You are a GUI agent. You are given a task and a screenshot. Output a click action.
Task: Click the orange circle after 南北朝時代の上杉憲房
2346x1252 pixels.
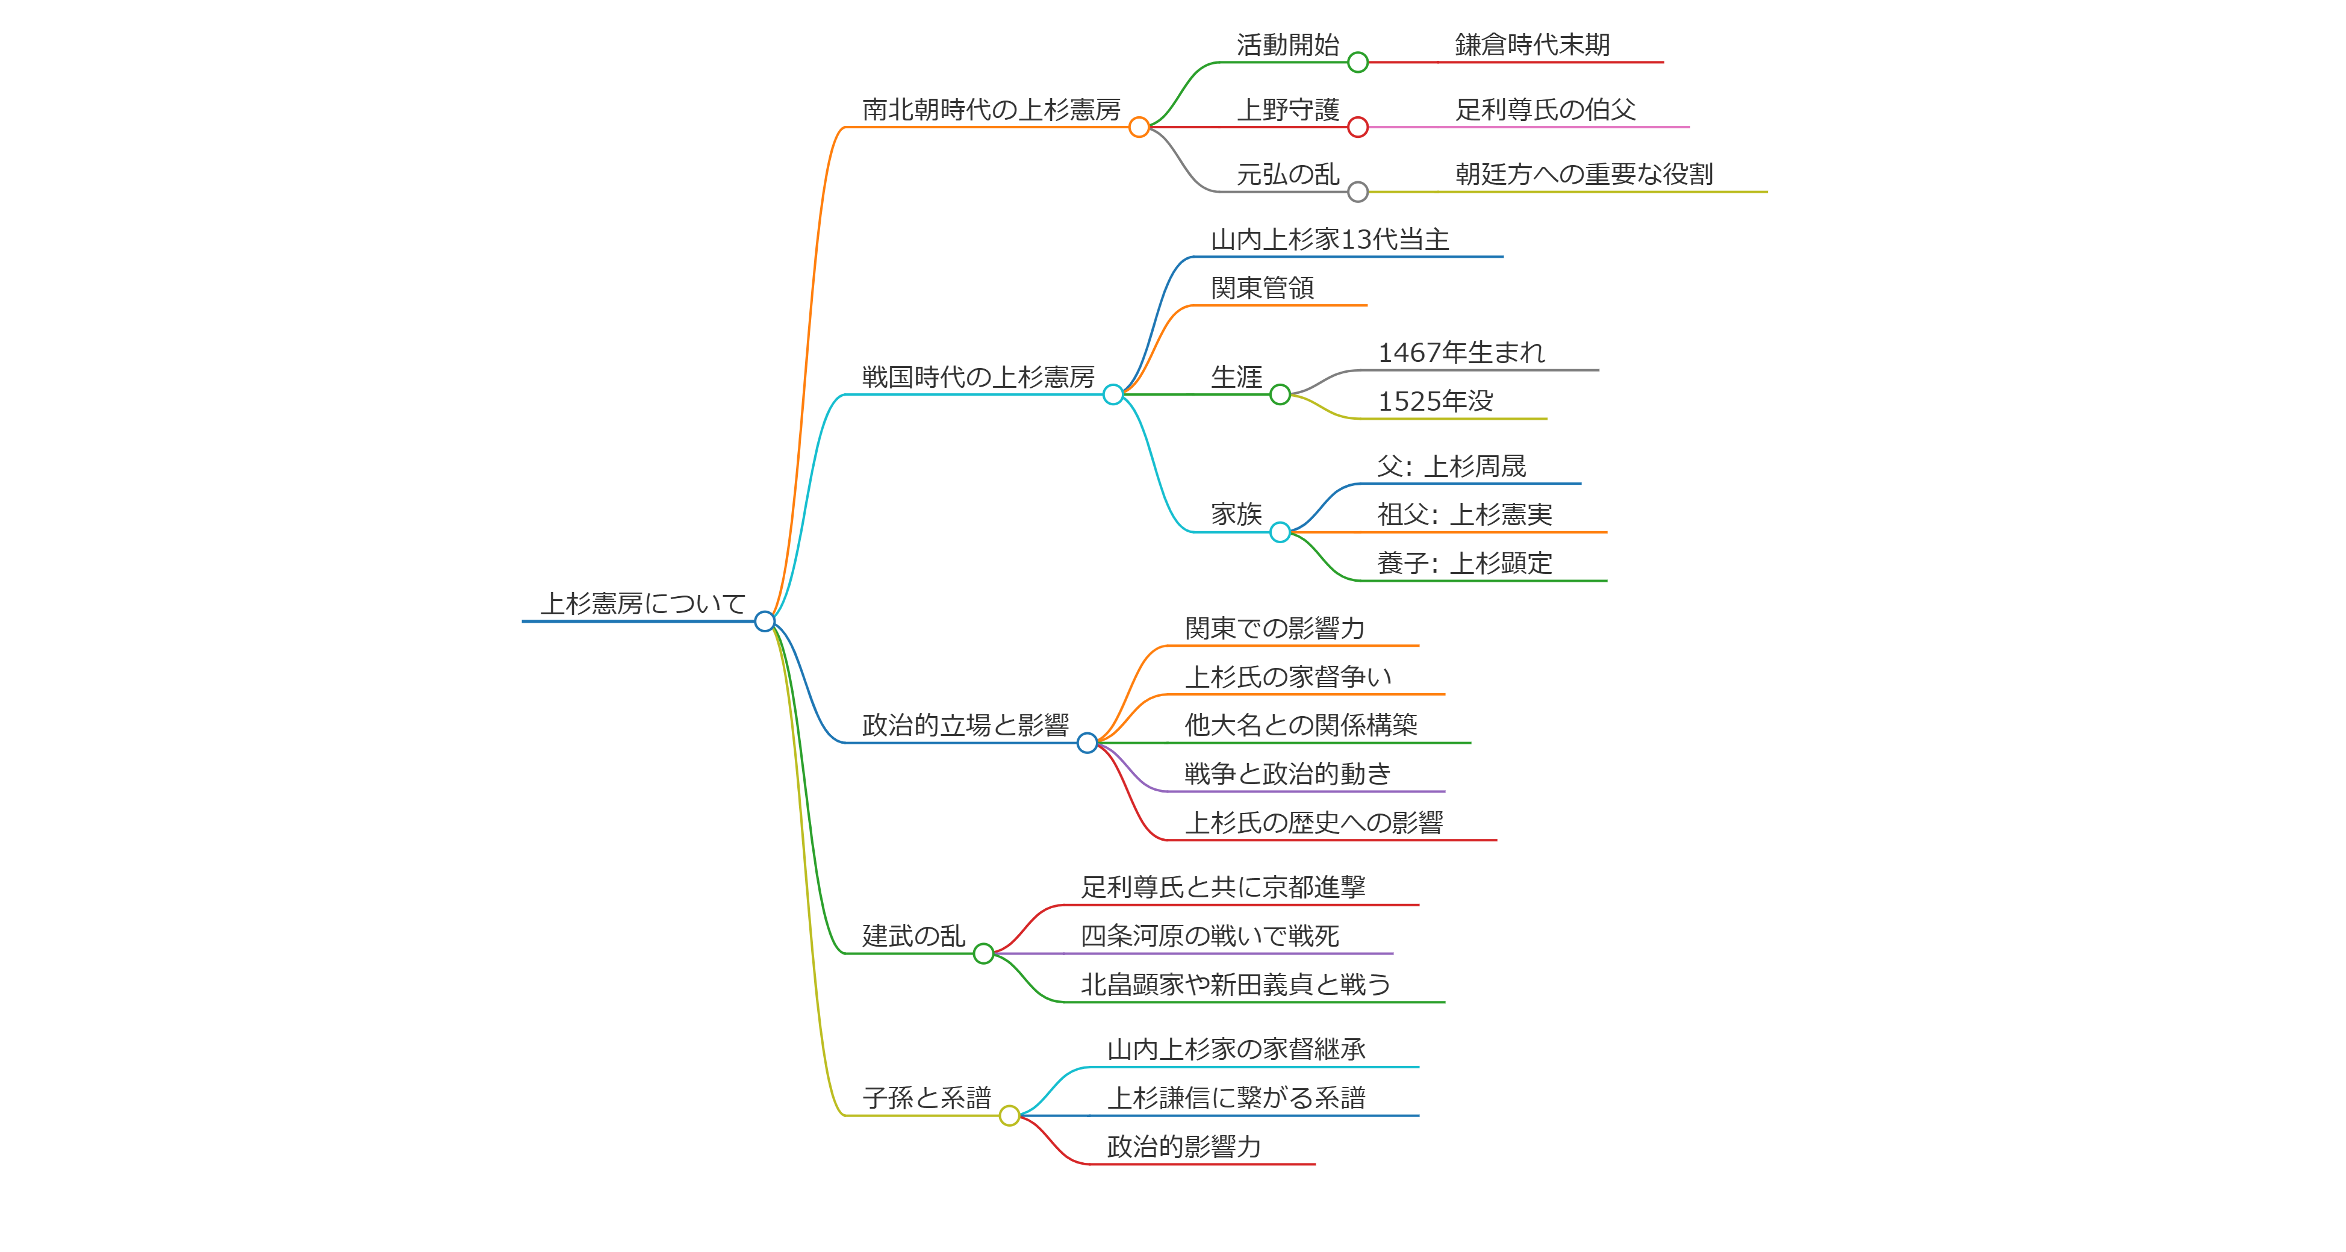tap(1139, 128)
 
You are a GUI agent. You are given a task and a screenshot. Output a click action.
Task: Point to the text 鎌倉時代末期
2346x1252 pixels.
tap(1532, 45)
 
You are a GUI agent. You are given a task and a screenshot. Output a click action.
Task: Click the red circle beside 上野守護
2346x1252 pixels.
tap(1358, 128)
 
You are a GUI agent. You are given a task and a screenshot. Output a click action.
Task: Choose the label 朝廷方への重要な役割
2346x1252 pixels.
tap(1584, 174)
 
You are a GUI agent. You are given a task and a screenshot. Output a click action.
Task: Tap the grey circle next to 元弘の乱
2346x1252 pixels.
tap(1358, 192)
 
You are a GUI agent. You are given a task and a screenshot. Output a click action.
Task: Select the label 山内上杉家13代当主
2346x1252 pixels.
tap(1330, 240)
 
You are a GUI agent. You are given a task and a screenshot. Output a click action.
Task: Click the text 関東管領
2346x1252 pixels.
tap(1262, 288)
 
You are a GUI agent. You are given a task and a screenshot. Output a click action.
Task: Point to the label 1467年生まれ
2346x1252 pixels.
tap(1461, 352)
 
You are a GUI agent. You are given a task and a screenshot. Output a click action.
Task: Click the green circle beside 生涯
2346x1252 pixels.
tap(1280, 394)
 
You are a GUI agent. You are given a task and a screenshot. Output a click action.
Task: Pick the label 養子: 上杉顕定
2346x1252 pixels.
tap(1464, 562)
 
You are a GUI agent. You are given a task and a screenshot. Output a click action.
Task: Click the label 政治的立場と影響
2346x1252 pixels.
tap(965, 725)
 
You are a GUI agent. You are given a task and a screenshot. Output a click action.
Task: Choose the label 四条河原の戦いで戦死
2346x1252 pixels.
tap(1209, 935)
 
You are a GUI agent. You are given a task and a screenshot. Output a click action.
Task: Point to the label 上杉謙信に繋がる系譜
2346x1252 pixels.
tap(1236, 1097)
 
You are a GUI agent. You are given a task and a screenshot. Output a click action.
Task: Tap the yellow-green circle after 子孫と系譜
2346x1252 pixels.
tap(1009, 1115)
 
